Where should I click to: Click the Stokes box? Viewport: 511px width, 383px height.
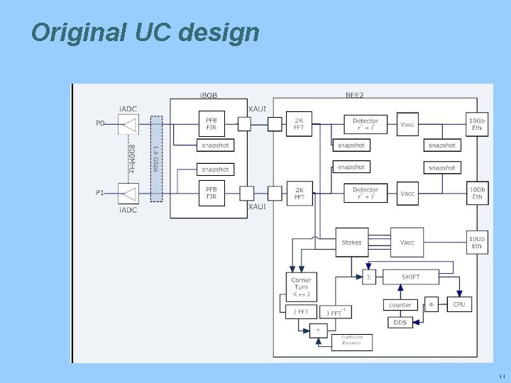click(351, 242)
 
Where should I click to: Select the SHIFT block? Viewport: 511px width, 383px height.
click(410, 277)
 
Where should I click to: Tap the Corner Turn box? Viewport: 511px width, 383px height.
click(301, 287)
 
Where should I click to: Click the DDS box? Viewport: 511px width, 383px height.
click(400, 322)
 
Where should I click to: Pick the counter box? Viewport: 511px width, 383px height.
click(400, 305)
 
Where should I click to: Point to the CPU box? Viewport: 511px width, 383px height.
click(458, 304)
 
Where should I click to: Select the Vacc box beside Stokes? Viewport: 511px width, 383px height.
click(407, 242)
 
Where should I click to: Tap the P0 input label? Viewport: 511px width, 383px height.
click(101, 123)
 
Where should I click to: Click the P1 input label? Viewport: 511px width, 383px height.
click(101, 192)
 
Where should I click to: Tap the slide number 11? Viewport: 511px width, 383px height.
click(501, 377)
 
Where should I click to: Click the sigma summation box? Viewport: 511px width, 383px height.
click(368, 277)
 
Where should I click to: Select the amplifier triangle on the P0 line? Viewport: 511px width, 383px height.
click(129, 125)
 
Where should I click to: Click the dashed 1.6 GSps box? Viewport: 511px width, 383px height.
click(156, 158)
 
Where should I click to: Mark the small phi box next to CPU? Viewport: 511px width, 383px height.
click(431, 304)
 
